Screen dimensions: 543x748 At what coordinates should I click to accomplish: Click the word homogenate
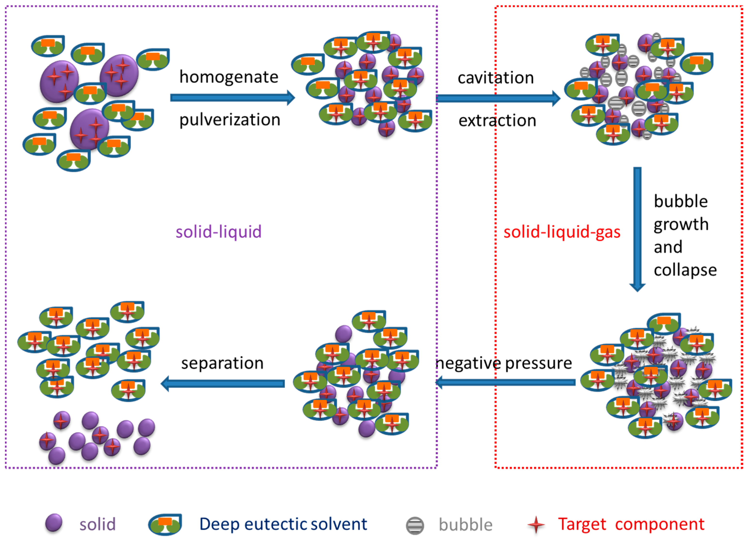click(229, 77)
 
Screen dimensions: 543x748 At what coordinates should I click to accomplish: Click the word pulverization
click(230, 120)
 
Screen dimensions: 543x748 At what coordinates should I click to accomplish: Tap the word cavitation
click(496, 78)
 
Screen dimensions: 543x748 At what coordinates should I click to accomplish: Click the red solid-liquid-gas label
click(562, 232)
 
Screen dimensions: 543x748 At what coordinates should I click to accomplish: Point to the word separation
click(222, 363)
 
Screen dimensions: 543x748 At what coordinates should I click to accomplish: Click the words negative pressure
click(504, 363)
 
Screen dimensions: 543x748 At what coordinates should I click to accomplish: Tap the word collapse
click(685, 270)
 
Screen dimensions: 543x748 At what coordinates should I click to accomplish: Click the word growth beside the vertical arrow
click(681, 225)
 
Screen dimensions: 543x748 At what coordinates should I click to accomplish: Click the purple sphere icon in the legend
click(54, 523)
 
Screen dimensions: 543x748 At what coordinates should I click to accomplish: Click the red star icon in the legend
click(536, 525)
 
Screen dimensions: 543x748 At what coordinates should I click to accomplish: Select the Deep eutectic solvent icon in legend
click(165, 524)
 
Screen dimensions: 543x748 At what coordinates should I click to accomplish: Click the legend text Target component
click(631, 524)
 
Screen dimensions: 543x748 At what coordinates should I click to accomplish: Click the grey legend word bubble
click(465, 525)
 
